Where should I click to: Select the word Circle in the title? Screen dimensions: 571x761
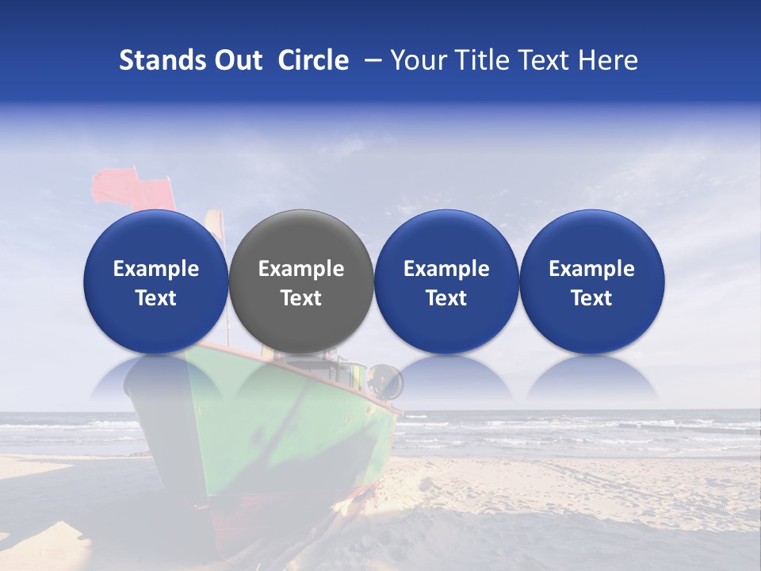click(313, 60)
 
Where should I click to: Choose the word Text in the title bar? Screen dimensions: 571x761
click(547, 60)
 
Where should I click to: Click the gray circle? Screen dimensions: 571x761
click(301, 282)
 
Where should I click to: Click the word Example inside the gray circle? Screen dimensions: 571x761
click(301, 269)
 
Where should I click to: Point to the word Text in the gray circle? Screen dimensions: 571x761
click(301, 298)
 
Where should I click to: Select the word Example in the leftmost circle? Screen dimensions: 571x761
click(155, 269)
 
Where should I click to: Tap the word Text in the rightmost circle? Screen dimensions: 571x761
click(591, 298)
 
